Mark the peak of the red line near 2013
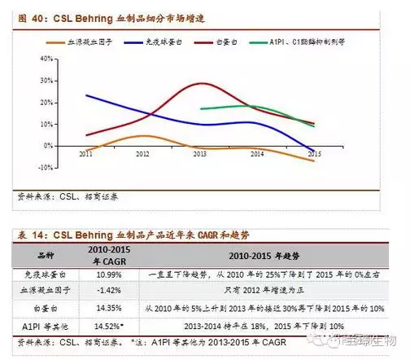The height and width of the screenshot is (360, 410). tap(202, 83)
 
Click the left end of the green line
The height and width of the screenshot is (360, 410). tap(200, 108)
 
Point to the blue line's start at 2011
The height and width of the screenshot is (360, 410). tap(86, 95)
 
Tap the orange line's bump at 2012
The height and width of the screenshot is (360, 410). tap(142, 136)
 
